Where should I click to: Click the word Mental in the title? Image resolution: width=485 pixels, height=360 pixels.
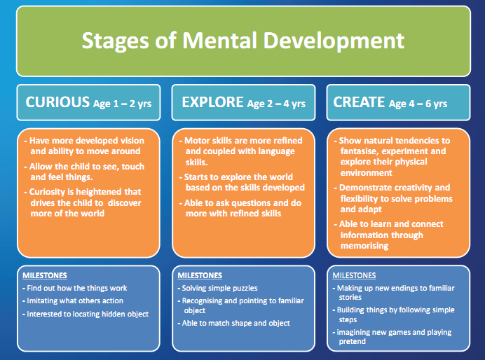(x=219, y=41)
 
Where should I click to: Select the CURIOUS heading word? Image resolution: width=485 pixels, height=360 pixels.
(x=57, y=102)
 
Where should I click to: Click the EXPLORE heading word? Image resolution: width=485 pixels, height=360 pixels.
(x=212, y=102)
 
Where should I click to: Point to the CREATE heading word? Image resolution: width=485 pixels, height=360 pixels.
(x=359, y=102)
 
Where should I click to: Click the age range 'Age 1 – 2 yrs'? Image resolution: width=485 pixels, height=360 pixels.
(x=123, y=104)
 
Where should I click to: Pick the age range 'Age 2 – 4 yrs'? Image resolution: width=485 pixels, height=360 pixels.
(x=276, y=104)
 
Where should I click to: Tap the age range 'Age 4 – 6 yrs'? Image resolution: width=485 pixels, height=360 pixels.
(x=418, y=104)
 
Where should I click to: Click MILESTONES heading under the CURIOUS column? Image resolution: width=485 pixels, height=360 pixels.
(x=45, y=275)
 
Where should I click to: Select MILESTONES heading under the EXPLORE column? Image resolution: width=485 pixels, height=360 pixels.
(x=200, y=275)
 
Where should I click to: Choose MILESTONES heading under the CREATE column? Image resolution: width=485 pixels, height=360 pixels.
(x=354, y=275)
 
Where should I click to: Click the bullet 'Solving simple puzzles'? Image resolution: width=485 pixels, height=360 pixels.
(x=217, y=289)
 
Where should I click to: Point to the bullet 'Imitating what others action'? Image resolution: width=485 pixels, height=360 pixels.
(x=73, y=300)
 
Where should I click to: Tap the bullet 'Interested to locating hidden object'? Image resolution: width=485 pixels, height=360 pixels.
(x=86, y=314)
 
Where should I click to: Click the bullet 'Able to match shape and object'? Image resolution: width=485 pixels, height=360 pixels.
(x=234, y=323)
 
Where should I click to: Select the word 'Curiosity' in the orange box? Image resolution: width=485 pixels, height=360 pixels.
(x=47, y=192)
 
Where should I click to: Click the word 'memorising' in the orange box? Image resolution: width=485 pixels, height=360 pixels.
(x=364, y=246)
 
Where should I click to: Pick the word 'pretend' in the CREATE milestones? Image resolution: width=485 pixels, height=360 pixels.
(x=353, y=342)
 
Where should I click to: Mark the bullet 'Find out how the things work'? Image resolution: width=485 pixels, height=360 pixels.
(x=75, y=289)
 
